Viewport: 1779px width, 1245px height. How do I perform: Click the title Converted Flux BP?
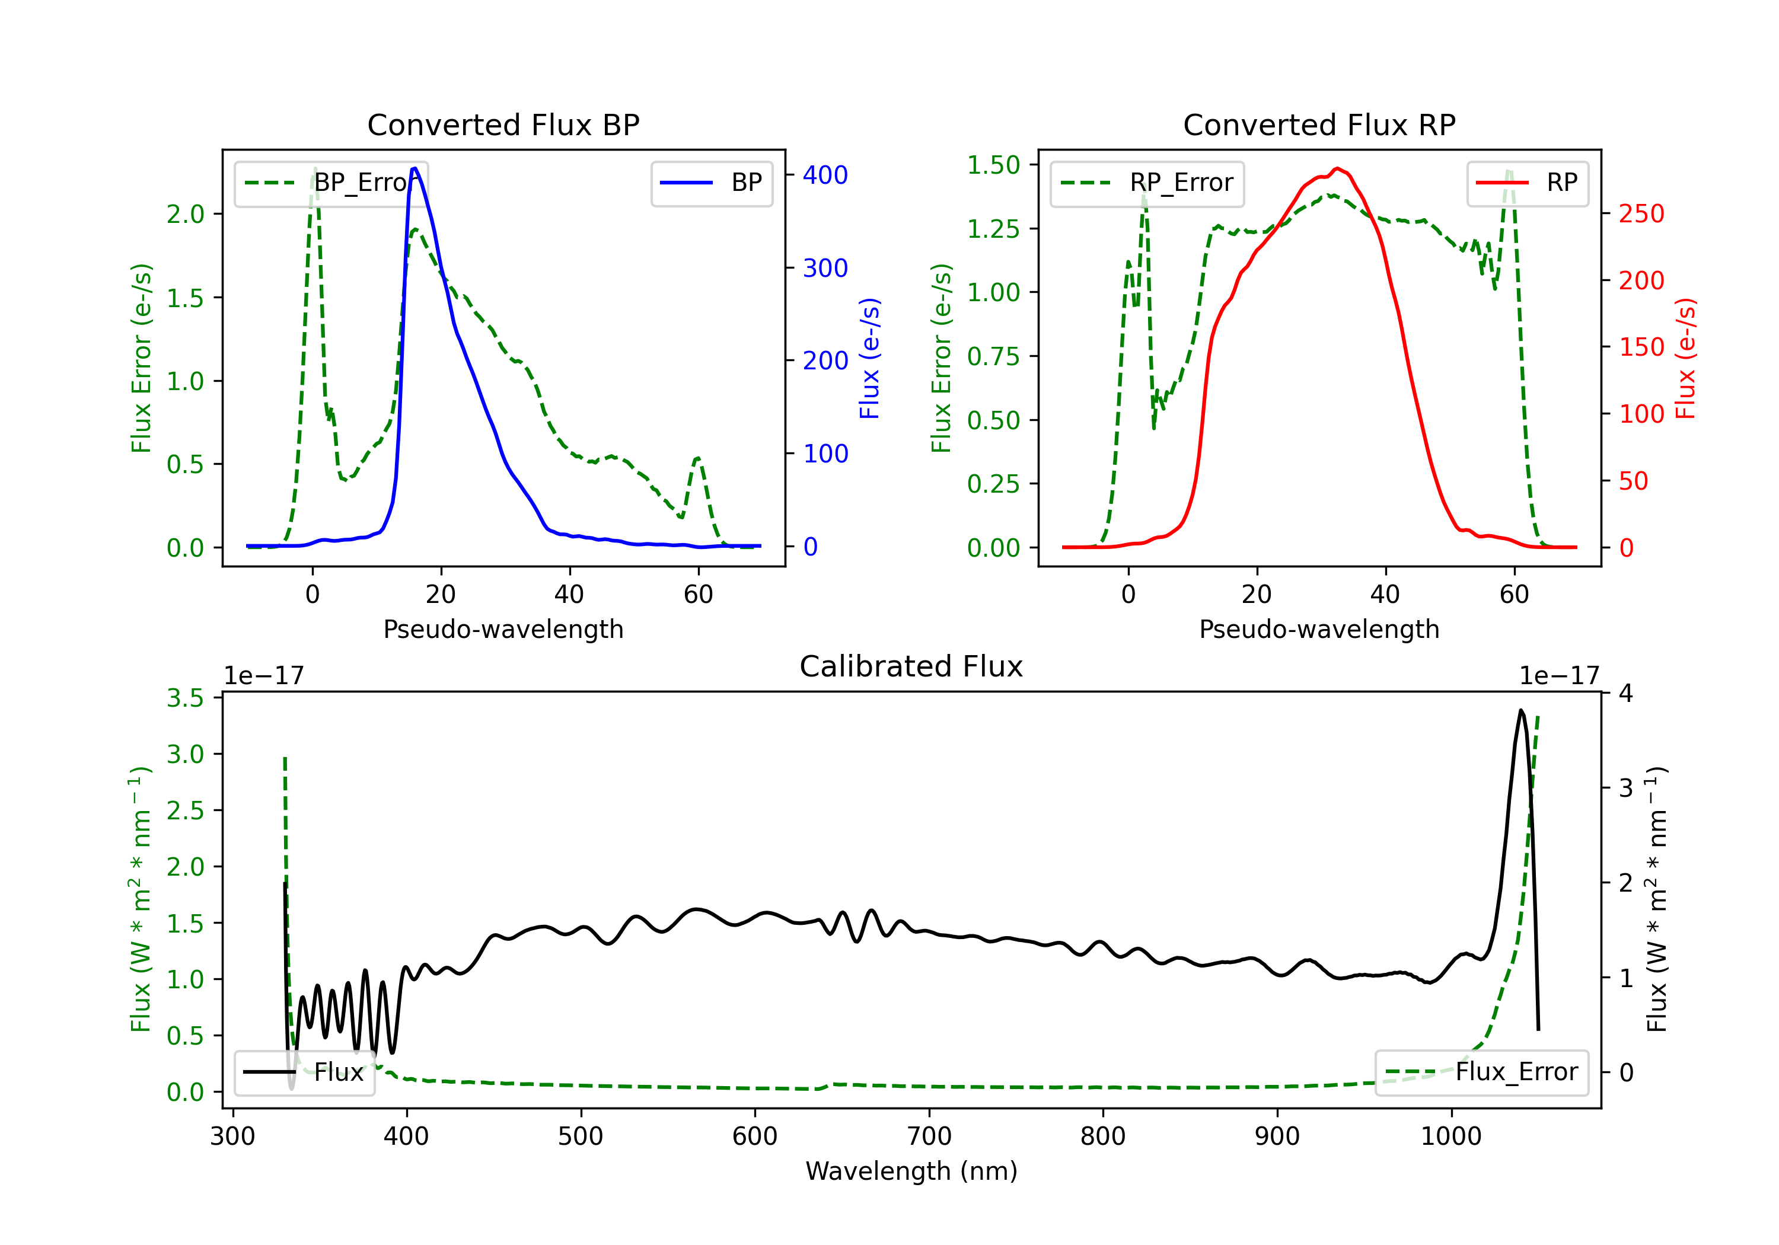[503, 124]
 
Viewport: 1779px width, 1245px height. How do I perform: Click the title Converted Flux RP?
[1319, 124]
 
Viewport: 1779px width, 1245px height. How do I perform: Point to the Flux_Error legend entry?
[1481, 1072]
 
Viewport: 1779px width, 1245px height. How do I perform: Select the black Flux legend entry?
[305, 1072]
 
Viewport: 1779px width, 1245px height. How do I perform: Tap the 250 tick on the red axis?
[1641, 214]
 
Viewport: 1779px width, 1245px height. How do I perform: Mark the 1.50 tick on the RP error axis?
[993, 165]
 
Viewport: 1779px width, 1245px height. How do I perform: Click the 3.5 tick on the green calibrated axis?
[185, 698]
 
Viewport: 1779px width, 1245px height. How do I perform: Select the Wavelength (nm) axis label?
[911, 1171]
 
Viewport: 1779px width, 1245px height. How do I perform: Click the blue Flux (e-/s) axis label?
[869, 358]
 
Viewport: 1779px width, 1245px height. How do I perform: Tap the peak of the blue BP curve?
[415, 168]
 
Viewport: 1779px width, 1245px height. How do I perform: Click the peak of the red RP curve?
[1337, 168]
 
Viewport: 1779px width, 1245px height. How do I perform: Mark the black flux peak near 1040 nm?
[1521, 710]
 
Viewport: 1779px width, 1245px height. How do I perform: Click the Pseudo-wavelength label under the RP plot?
[1319, 629]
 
